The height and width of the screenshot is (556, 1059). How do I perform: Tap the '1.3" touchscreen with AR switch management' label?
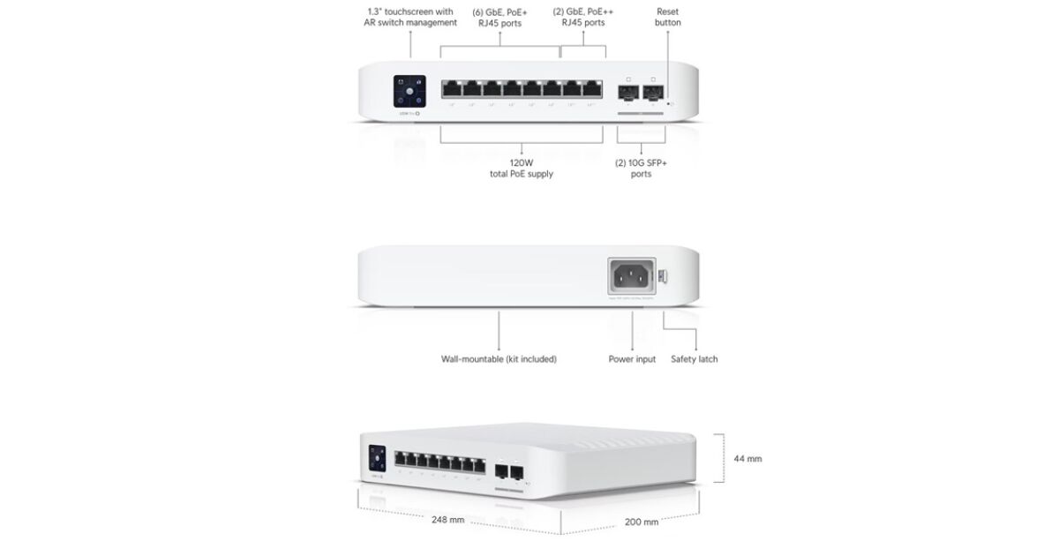coord(410,17)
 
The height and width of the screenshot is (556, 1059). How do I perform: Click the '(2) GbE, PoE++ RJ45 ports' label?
coord(583,17)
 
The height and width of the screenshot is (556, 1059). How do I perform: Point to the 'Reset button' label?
coord(667,17)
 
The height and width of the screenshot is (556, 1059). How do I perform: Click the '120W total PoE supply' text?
coord(522,169)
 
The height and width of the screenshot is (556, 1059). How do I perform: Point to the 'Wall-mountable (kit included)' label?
coord(499,359)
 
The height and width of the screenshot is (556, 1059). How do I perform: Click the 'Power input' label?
coord(632,359)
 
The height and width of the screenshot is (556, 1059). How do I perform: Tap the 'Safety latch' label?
coord(695,359)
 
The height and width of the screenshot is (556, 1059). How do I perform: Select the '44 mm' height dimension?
coord(747,459)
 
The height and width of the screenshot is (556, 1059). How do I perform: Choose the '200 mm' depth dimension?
coord(642,522)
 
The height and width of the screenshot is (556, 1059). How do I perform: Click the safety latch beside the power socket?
coord(664,276)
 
